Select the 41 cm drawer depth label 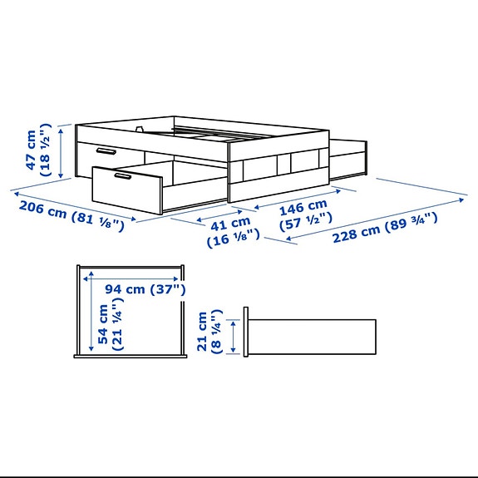tap(229, 223)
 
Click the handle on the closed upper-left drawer tap(106, 151)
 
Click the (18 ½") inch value tap(47, 148)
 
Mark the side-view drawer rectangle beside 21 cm tap(313, 337)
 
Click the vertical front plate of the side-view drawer tap(246, 333)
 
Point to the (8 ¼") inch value tap(218, 333)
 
